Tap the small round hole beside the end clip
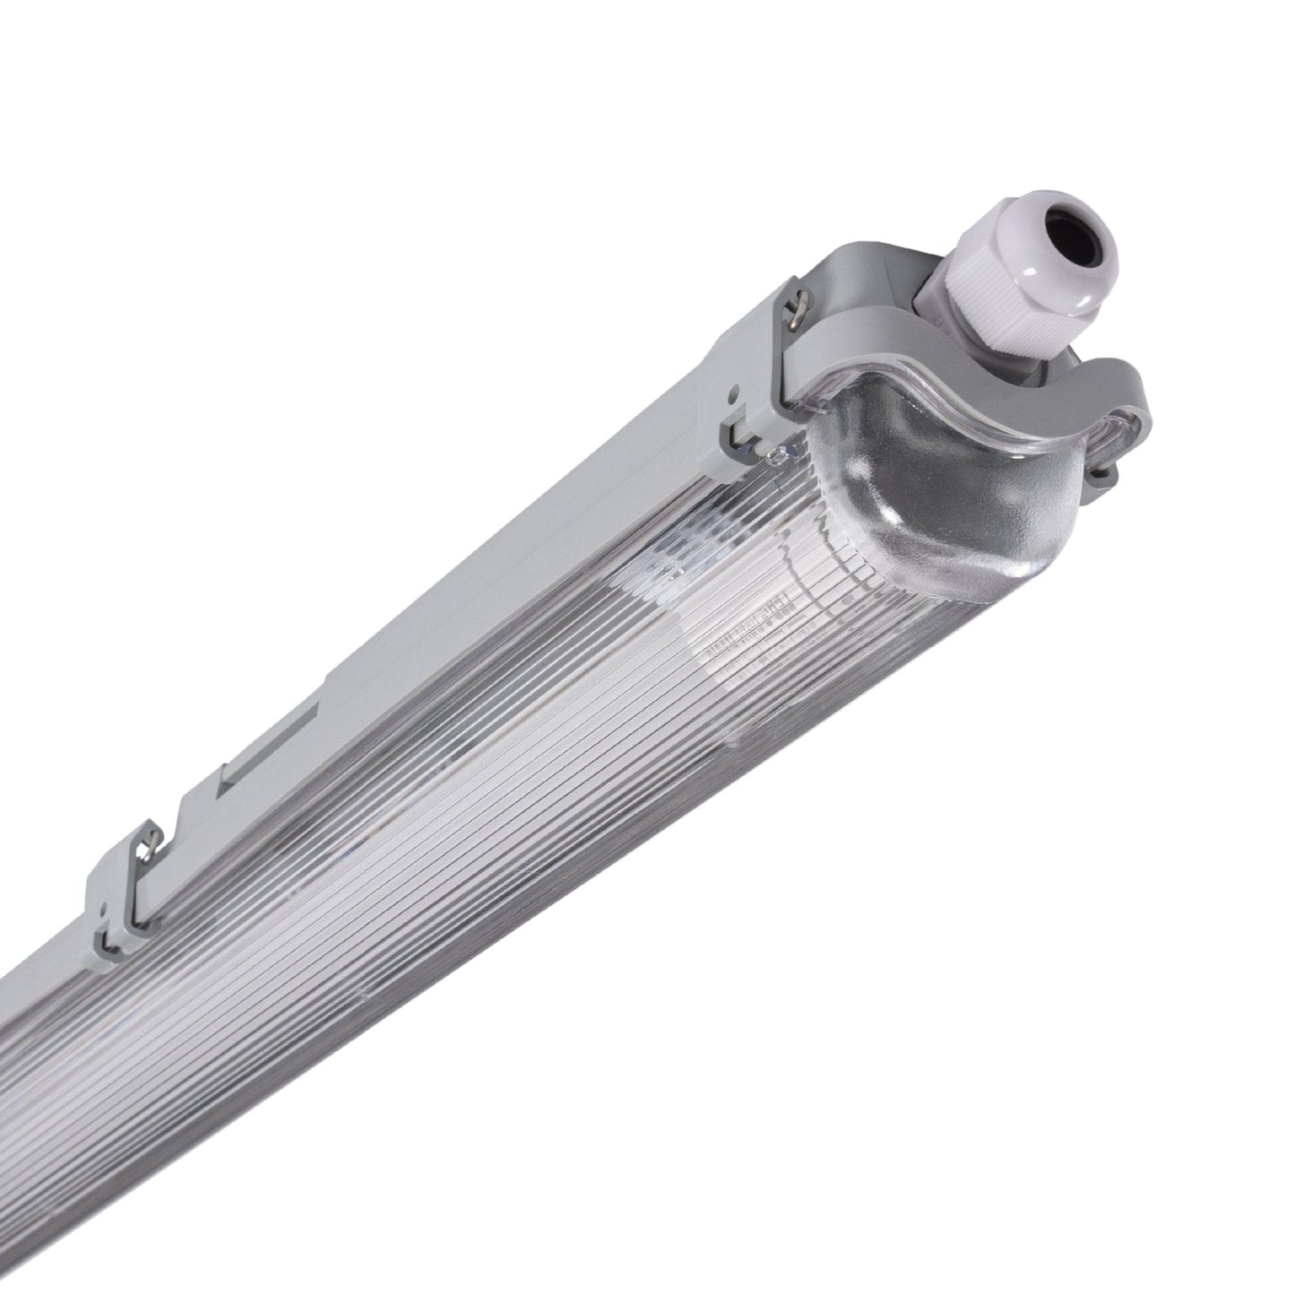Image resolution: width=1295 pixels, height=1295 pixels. click(734, 393)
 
